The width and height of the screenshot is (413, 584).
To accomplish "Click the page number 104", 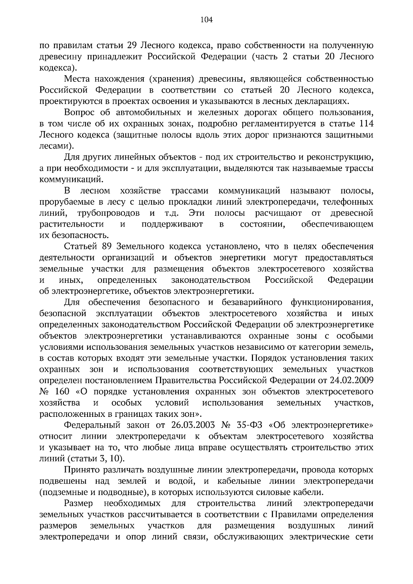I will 206,20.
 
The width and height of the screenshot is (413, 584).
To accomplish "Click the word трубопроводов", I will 108,213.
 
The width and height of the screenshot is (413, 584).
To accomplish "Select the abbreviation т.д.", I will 171,213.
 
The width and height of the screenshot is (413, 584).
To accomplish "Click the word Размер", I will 78,504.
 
